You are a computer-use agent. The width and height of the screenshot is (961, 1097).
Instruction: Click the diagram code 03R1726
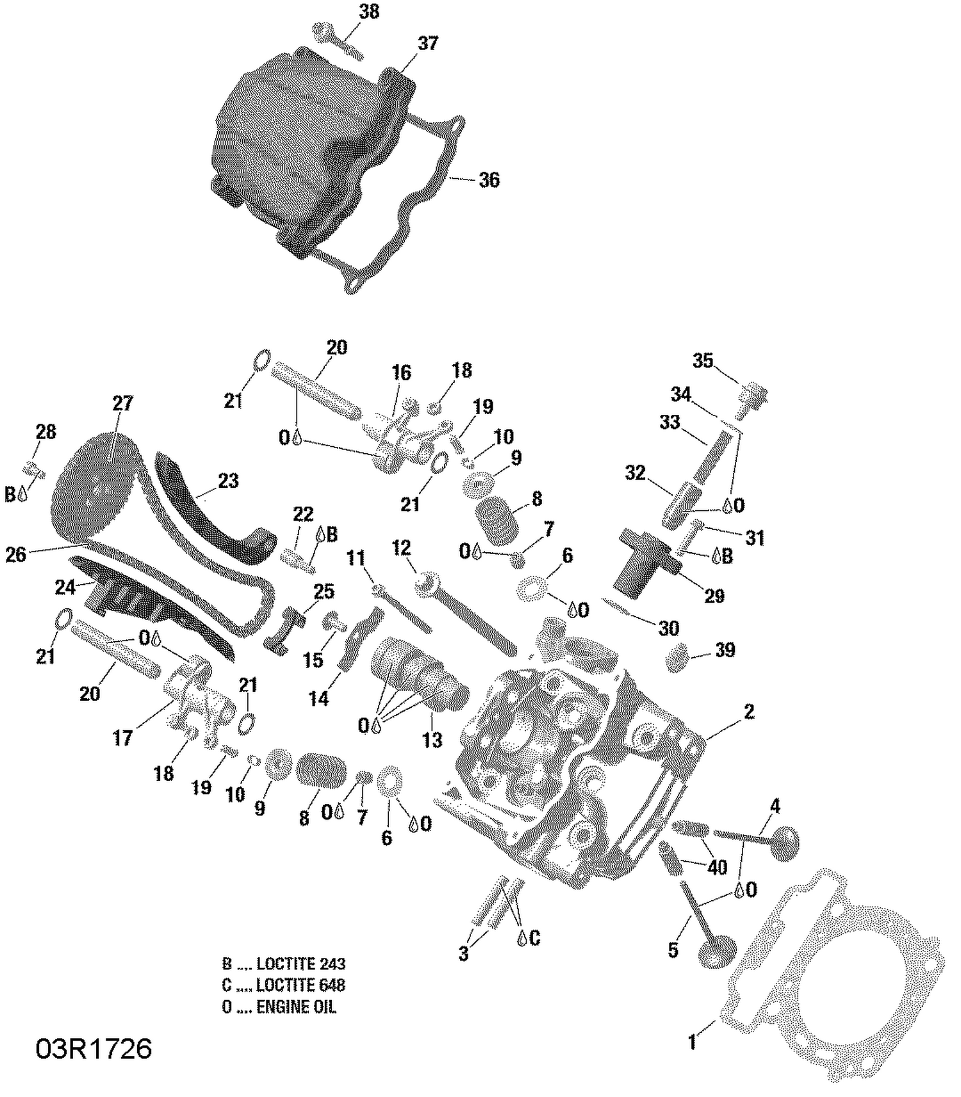coord(94,1049)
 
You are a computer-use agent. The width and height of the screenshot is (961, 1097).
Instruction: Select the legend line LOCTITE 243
coord(284,964)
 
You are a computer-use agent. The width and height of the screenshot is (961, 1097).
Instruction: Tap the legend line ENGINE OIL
coord(279,1007)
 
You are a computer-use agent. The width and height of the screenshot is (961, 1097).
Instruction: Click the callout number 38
coord(369,12)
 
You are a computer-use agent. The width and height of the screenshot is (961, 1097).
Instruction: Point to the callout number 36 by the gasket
coord(489,180)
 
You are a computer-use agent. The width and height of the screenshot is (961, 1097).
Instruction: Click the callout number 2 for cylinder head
coord(748,711)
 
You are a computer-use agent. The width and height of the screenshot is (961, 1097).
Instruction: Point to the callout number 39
coord(725,650)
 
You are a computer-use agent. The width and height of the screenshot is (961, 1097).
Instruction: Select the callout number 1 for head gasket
coord(692,1042)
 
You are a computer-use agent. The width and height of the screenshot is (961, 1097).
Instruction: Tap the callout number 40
coord(717,867)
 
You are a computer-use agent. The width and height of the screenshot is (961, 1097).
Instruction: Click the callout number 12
coord(402,548)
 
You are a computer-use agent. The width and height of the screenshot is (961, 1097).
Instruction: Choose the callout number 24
coord(65,587)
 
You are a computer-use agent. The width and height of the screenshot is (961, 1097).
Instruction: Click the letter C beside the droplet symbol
coord(535,939)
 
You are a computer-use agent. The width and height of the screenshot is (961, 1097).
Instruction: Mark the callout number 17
coord(122,738)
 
